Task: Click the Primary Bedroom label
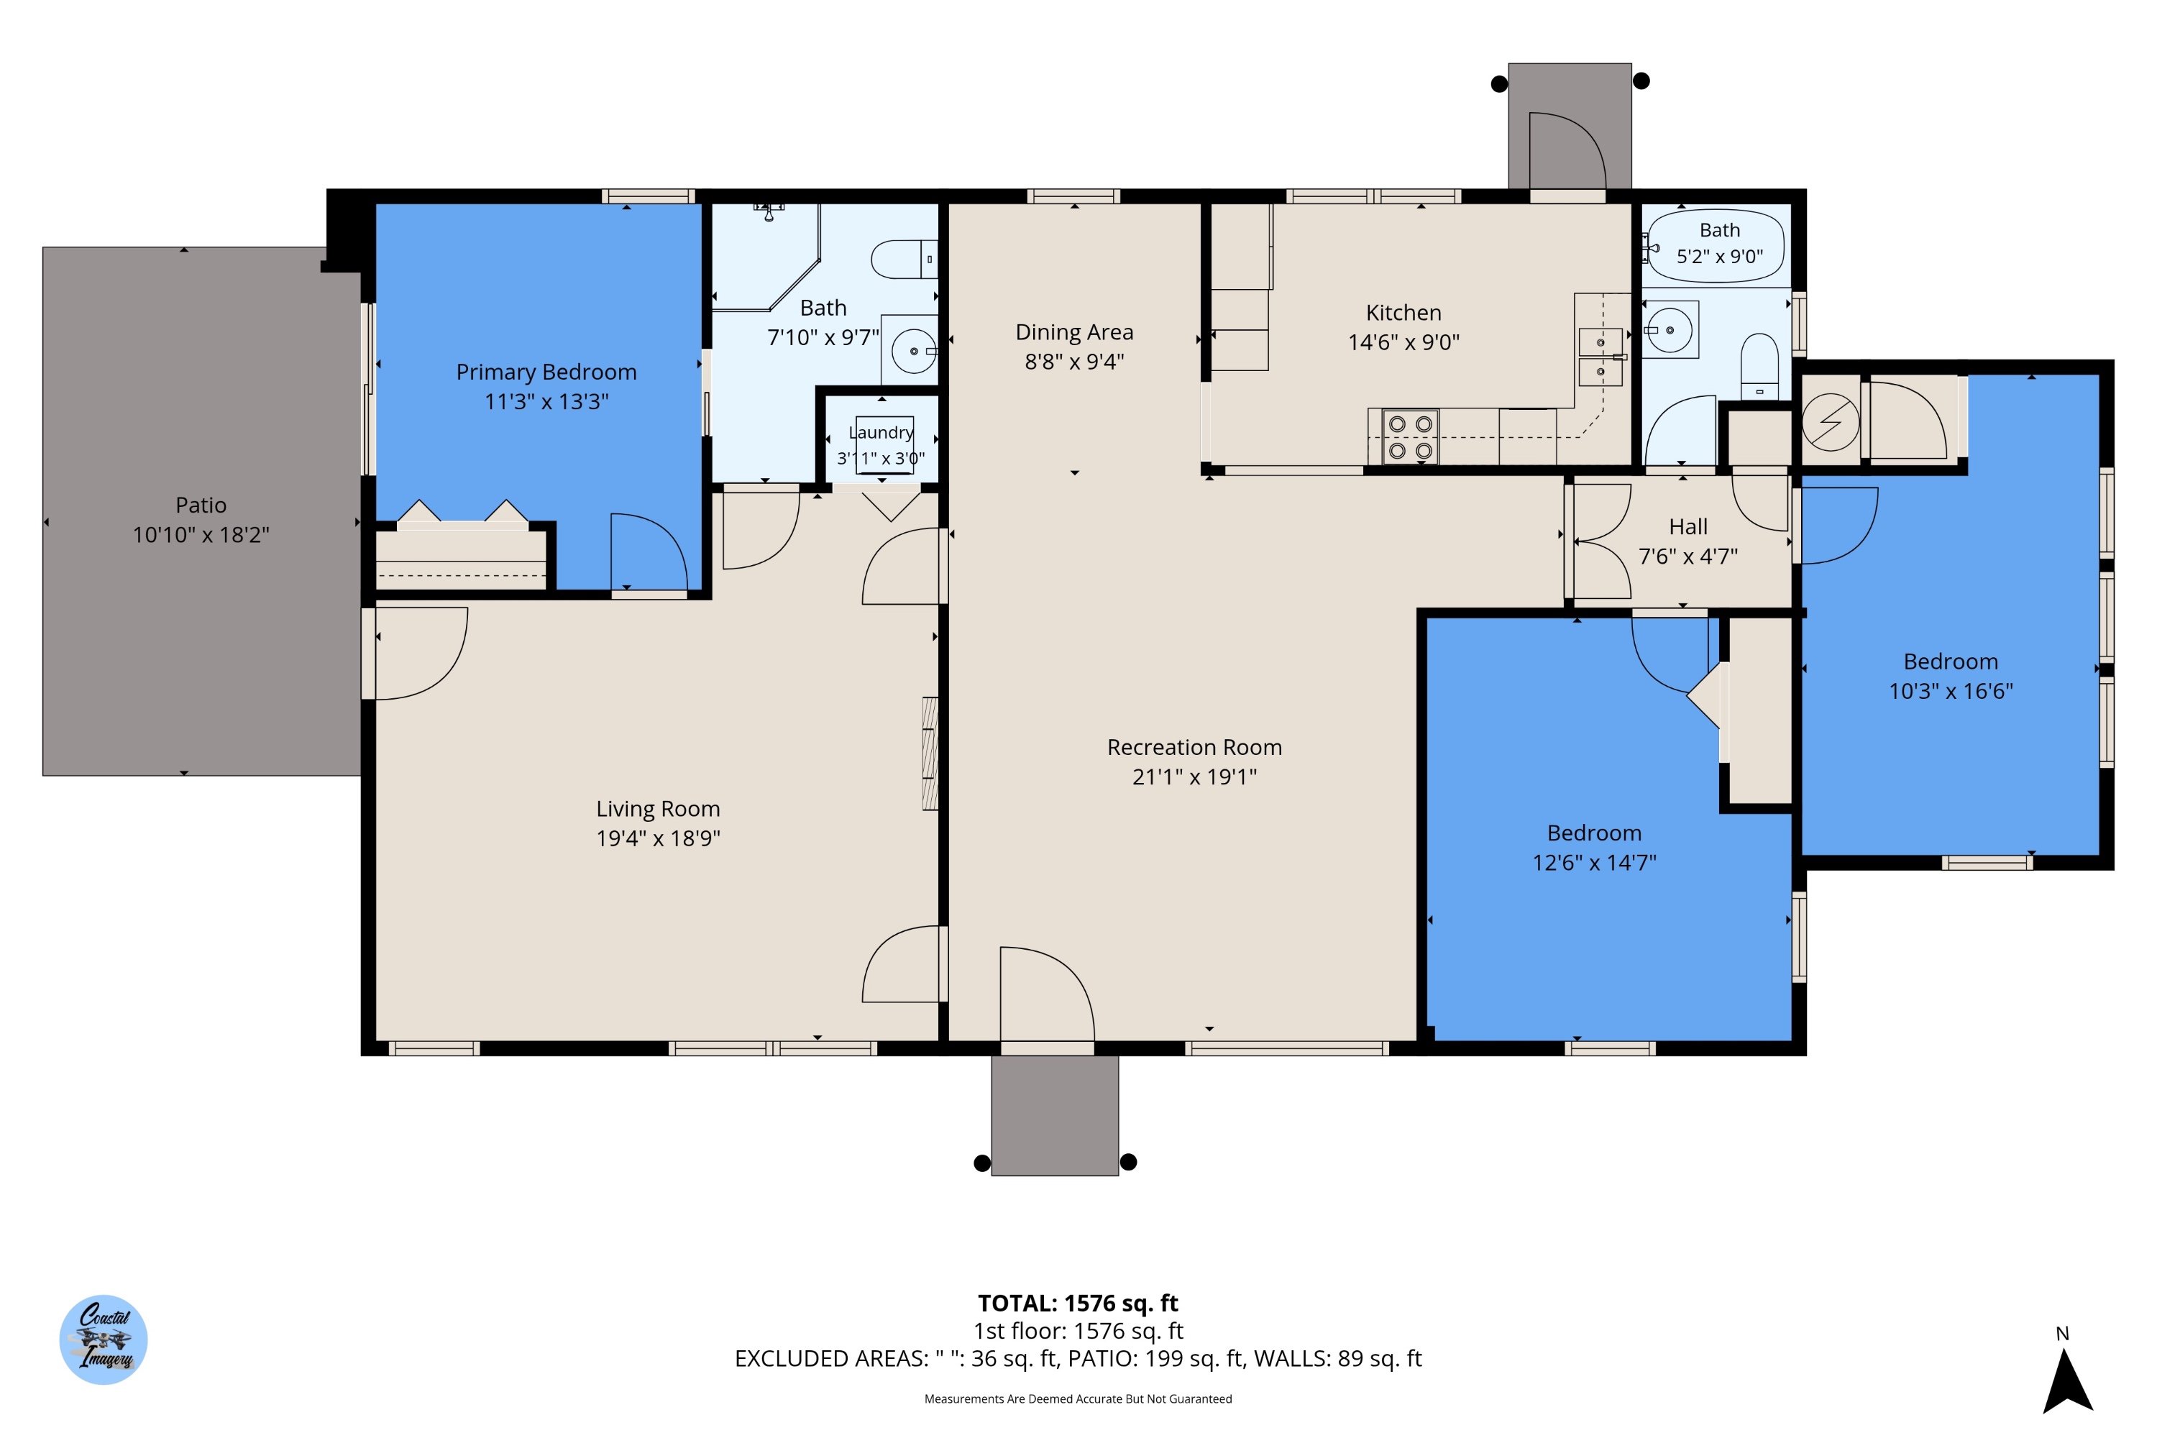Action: click(546, 372)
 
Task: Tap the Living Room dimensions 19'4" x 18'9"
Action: click(659, 838)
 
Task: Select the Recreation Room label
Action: click(1194, 748)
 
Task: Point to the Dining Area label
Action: click(1074, 332)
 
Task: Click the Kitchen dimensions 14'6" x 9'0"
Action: click(1403, 342)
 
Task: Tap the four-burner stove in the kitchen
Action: click(1409, 437)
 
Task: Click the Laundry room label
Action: click(881, 432)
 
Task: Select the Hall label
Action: click(1688, 526)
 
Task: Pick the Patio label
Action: click(201, 505)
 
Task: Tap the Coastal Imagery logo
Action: click(104, 1340)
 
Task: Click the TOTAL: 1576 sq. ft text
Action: click(1078, 1303)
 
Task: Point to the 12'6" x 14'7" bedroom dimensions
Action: click(1595, 863)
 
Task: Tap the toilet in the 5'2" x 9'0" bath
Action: click(1759, 367)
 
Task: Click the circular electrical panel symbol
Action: click(1831, 423)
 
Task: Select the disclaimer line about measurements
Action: click(1078, 1398)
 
